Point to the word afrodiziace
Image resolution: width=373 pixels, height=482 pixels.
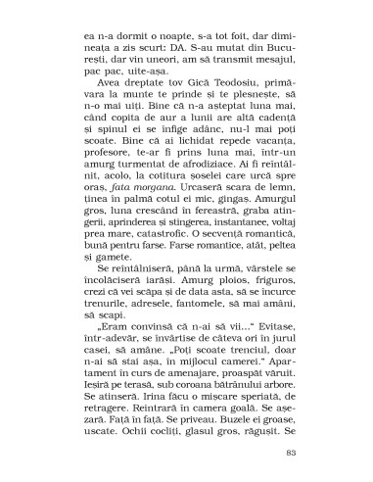click(x=196, y=198)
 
